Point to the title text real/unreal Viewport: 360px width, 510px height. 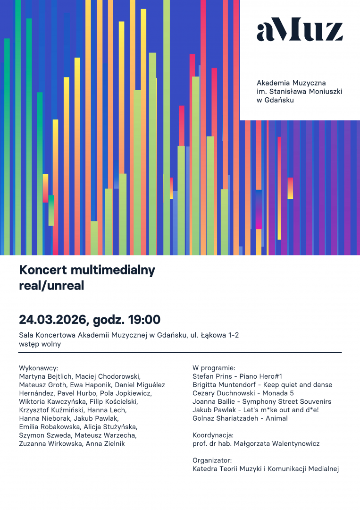click(51, 286)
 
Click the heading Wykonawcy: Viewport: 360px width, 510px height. click(38, 367)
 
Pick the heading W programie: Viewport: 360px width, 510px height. click(214, 367)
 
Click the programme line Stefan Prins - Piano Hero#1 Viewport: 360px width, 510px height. click(237, 376)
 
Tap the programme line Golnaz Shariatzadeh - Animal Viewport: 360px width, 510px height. click(240, 418)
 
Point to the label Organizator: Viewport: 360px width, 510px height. click(212, 460)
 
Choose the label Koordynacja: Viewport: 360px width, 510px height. click(213, 435)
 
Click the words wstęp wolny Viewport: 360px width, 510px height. click(40, 344)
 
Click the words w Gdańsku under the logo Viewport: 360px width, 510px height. click(275, 100)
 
